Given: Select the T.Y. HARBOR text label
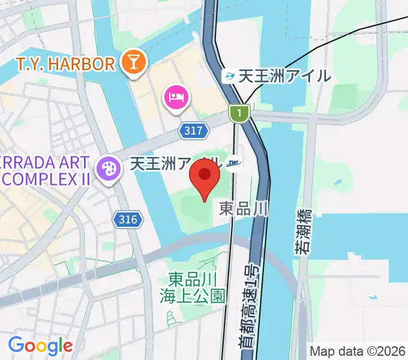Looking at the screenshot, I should (65, 63).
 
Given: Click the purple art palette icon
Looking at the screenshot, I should (110, 166).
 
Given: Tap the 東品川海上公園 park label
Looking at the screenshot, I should (193, 287).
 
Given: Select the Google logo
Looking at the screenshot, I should (40, 346).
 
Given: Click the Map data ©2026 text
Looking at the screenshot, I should (358, 350).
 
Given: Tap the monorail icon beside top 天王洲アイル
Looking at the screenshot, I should (228, 76).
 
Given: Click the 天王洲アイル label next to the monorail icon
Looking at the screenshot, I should (284, 76).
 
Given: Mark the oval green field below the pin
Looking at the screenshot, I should (195, 210).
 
